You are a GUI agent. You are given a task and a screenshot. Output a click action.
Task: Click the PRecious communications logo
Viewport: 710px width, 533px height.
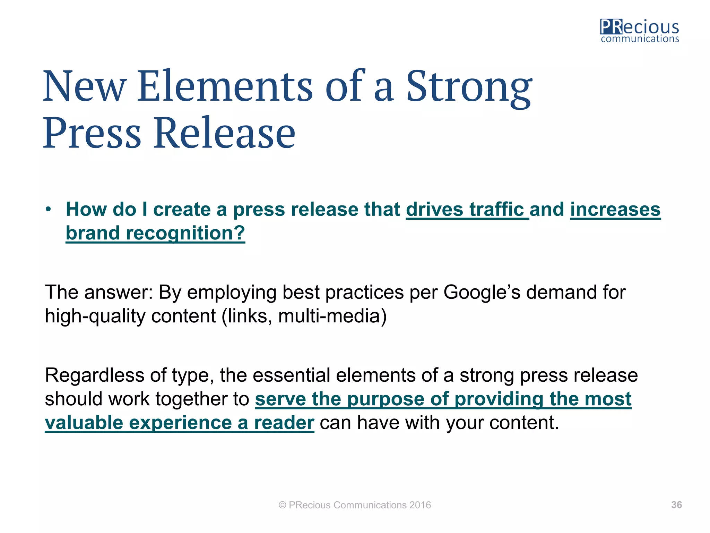click(x=640, y=31)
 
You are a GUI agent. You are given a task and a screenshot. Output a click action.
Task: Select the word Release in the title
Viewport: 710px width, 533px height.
click(x=225, y=133)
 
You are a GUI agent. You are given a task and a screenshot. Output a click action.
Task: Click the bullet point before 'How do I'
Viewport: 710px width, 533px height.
click(x=49, y=210)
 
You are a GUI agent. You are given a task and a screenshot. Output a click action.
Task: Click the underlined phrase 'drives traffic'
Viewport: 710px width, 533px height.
click(x=467, y=210)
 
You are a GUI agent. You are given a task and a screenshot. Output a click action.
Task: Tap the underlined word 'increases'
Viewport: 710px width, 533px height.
click(x=615, y=210)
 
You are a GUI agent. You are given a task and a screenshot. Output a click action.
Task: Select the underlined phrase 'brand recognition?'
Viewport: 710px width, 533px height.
click(x=155, y=233)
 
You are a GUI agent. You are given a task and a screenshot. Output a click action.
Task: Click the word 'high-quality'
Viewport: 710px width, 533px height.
click(x=95, y=316)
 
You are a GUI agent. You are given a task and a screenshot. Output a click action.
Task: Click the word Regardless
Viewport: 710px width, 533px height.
click(x=94, y=375)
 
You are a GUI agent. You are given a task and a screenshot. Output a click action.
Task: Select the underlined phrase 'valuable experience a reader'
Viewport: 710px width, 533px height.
click(x=179, y=423)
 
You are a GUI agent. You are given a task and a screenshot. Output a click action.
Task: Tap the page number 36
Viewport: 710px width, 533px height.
click(x=676, y=505)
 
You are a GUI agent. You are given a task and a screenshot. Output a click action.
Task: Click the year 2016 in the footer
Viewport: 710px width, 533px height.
click(x=420, y=505)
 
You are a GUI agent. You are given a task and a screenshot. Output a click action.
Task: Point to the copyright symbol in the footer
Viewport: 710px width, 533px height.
click(x=283, y=505)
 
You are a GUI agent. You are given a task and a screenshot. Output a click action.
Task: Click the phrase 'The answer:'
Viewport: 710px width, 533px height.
click(x=99, y=292)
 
